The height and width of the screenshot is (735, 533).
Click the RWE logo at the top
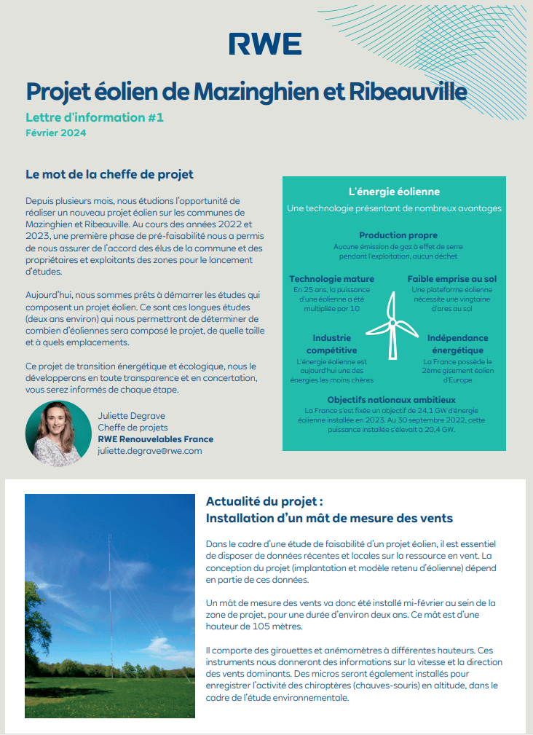tap(265, 44)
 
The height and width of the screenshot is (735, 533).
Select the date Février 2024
tap(55, 133)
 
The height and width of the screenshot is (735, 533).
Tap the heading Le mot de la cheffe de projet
tap(109, 175)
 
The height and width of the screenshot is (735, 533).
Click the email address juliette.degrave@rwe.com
tap(149, 451)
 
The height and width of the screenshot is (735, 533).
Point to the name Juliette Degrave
tap(132, 416)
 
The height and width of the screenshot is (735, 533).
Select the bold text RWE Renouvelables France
tap(155, 439)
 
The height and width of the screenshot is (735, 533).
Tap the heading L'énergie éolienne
tap(394, 192)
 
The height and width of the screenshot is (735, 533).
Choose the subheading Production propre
tap(398, 235)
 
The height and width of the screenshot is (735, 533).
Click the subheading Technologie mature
tap(331, 279)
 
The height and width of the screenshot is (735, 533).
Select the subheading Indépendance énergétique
tap(458, 344)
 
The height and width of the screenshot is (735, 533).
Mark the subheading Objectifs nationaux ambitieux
tap(391, 400)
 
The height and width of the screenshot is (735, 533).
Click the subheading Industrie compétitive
tap(332, 344)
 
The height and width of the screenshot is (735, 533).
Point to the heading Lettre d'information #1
tap(90, 117)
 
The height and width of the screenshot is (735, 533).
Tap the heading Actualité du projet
tap(264, 501)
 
